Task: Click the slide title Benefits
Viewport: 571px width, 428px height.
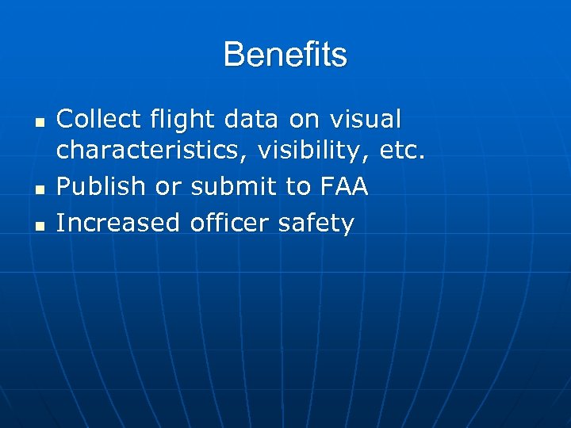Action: [x=285, y=55]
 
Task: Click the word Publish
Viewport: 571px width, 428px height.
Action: [x=101, y=188]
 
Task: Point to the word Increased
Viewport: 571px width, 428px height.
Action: [x=119, y=223]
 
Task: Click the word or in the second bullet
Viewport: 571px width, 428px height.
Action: [x=168, y=188]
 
